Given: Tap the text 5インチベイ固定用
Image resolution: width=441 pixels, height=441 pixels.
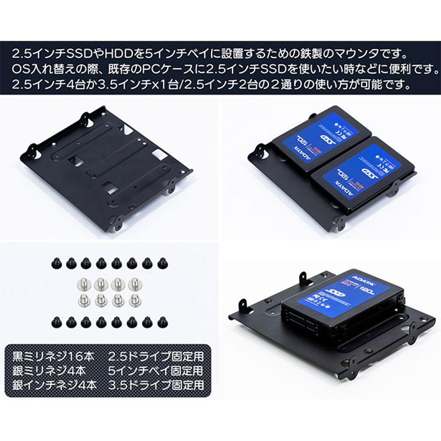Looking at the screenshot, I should pos(156,369).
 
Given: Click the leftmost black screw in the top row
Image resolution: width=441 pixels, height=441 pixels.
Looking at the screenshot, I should pos(55,263).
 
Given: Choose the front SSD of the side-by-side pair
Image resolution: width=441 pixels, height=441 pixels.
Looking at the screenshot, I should pos(361,175).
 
